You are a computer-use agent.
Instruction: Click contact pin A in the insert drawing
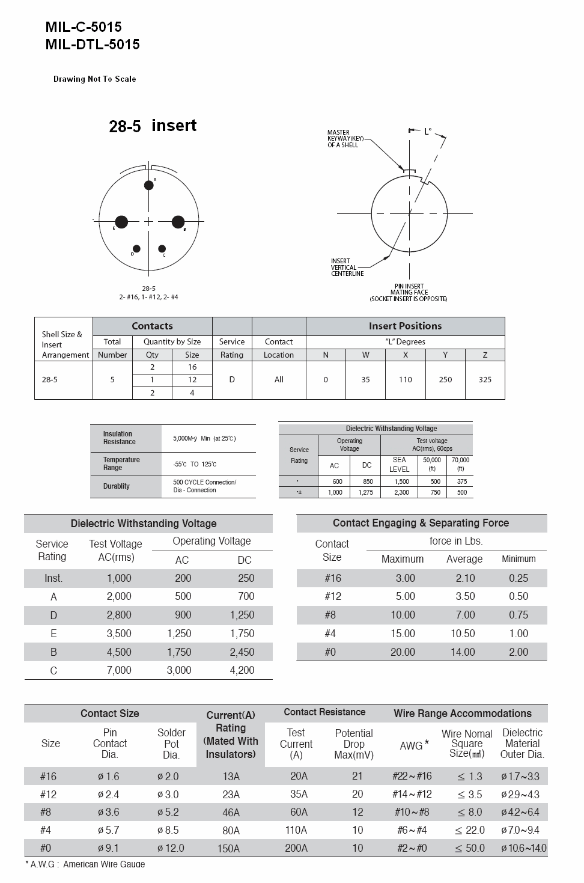click(149, 185)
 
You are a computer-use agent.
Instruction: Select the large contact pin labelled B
click(178, 222)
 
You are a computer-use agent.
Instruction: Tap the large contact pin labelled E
click(121, 222)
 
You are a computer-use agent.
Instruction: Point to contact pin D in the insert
click(136, 249)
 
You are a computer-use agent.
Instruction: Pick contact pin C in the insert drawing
click(162, 249)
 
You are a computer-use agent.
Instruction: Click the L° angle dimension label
click(428, 131)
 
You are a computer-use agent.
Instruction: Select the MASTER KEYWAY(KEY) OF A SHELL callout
click(343, 139)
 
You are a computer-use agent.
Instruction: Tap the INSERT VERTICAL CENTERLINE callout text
click(347, 267)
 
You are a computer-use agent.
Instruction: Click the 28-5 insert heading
click(153, 126)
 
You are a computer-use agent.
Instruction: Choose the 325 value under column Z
click(485, 380)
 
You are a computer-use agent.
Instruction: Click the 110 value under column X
click(406, 380)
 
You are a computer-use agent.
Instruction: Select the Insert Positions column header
click(405, 326)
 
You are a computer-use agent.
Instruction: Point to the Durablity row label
click(117, 486)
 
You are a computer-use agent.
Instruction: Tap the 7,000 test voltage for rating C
click(119, 670)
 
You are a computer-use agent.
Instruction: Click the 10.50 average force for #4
click(463, 634)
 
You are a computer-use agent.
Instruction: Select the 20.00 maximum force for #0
click(403, 652)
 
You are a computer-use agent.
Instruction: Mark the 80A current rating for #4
click(231, 831)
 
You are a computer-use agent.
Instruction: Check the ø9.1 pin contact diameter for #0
click(109, 848)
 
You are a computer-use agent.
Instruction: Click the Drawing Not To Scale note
click(95, 79)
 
